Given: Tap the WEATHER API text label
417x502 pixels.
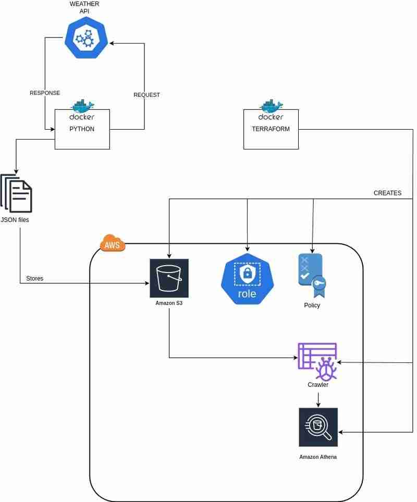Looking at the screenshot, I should (84, 7).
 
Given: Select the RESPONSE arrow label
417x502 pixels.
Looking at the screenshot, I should (45, 93).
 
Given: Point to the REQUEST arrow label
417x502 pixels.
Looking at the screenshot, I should (146, 95).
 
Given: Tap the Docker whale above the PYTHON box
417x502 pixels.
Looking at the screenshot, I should (82, 107).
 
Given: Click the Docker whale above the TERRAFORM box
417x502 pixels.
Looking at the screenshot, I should (271, 107).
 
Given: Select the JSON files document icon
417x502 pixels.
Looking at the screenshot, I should (17, 193).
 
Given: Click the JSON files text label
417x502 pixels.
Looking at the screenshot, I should (15, 220).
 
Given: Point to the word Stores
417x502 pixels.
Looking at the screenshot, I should (35, 279).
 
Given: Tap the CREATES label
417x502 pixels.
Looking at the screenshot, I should (387, 193).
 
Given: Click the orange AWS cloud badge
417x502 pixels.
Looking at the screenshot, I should (113, 243).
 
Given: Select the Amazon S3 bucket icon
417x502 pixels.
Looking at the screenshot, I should (169, 278).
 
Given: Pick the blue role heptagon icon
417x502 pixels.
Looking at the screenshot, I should (247, 279).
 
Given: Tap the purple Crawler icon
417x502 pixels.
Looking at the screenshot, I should (317, 361).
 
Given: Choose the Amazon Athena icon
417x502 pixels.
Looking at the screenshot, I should (318, 427).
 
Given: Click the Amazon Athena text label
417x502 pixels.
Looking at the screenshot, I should (318, 457).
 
